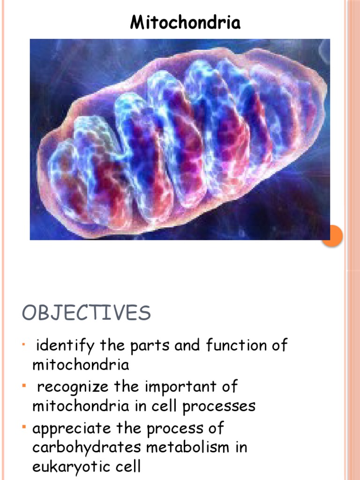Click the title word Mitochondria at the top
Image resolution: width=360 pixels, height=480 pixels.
tap(185, 22)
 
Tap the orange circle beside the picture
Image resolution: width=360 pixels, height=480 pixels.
tap(333, 236)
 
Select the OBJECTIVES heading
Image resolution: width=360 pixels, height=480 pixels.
tap(86, 313)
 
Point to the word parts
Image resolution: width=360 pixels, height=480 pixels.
tap(150, 346)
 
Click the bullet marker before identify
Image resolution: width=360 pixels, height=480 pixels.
tap(23, 345)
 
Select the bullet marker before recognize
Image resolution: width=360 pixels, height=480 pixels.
tap(23, 386)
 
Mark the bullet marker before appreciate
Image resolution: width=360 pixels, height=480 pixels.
tap(23, 427)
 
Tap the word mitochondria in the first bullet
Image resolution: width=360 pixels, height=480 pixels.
tap(81, 365)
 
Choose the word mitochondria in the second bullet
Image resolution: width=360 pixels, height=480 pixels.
tap(81, 406)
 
